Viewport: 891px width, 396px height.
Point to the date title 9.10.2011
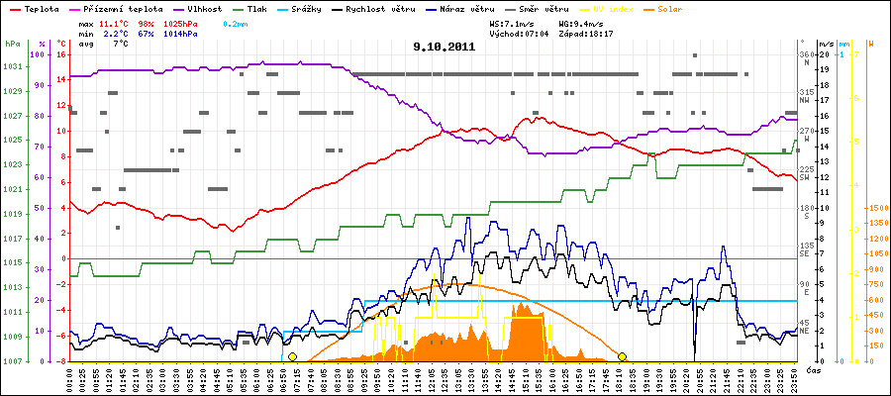click(x=445, y=46)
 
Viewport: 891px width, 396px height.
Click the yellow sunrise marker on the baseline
click(x=292, y=356)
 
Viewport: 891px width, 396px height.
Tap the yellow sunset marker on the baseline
click(x=623, y=356)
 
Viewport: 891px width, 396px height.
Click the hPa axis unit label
click(x=12, y=44)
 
